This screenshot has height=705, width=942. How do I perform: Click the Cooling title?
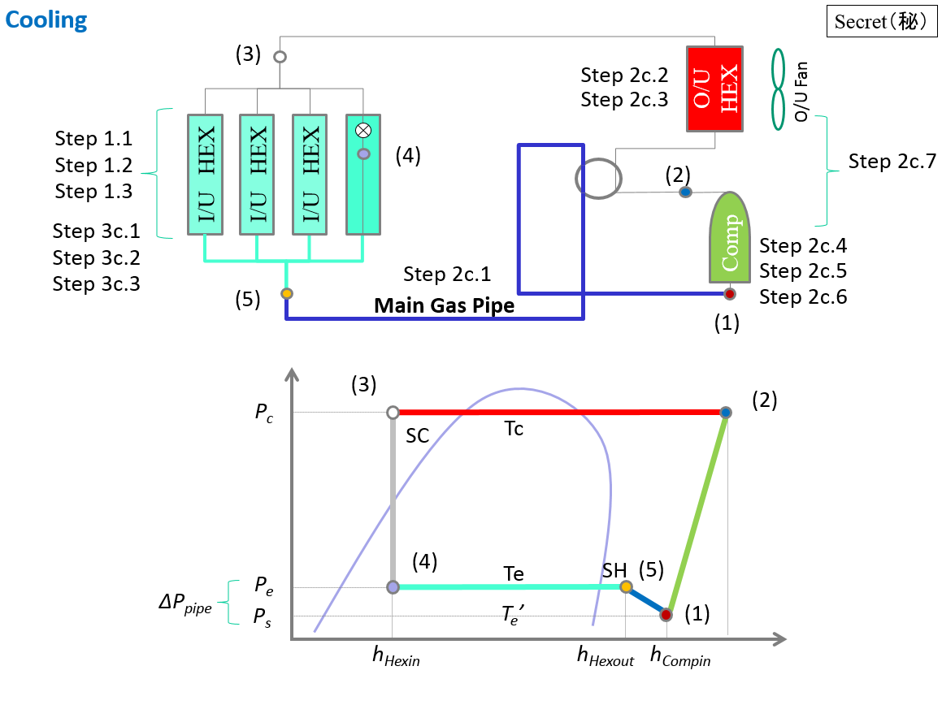click(46, 19)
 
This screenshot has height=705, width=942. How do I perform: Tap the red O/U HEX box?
click(714, 89)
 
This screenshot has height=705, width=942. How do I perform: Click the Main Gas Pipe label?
click(444, 306)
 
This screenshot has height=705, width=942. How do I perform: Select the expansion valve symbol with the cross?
click(363, 130)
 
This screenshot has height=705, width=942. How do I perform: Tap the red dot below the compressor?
click(729, 293)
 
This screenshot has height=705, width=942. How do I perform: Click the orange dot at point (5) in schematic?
click(286, 293)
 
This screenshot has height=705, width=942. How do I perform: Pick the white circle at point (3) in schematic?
click(280, 57)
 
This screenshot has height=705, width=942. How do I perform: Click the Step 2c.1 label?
click(447, 275)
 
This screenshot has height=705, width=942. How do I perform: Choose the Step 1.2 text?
click(93, 166)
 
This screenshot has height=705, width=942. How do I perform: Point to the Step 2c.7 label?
click(892, 162)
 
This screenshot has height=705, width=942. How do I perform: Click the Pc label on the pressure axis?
click(264, 413)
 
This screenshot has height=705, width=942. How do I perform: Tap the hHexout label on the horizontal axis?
click(606, 656)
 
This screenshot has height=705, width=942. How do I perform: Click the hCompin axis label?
click(681, 657)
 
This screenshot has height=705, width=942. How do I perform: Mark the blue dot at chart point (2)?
click(726, 413)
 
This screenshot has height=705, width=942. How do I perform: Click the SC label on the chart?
click(417, 436)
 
